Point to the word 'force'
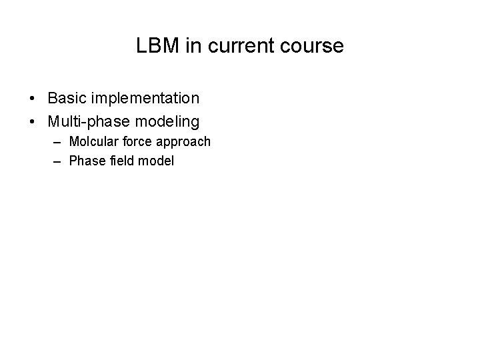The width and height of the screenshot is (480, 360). [x=135, y=141]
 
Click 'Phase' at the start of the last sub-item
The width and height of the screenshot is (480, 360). [x=84, y=161]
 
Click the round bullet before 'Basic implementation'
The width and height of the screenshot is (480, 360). [x=33, y=99]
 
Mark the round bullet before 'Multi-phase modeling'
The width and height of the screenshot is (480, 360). [x=33, y=122]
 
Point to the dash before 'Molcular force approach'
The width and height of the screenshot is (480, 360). [x=57, y=142]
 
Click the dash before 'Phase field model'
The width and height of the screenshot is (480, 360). [x=57, y=161]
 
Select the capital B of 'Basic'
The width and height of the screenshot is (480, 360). [x=53, y=99]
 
